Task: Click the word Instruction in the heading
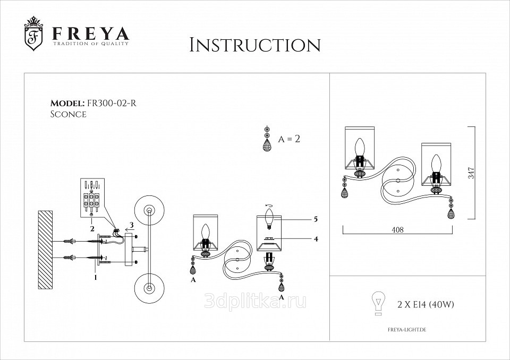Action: (x=255, y=45)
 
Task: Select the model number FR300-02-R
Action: (x=111, y=103)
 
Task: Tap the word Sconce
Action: (x=69, y=114)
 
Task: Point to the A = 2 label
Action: (x=289, y=139)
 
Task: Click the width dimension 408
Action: (x=397, y=229)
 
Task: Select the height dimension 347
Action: (x=471, y=173)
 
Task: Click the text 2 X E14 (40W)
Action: (x=426, y=304)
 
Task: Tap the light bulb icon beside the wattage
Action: (x=378, y=303)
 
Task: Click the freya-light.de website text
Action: (x=407, y=330)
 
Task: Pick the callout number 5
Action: (x=316, y=219)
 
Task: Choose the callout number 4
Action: (x=316, y=239)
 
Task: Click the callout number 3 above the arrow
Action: (x=131, y=225)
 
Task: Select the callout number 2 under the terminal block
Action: (x=92, y=229)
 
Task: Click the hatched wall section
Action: (x=45, y=250)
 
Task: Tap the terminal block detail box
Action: (x=92, y=198)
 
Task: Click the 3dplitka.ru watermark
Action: (x=255, y=302)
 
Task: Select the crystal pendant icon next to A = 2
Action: (x=267, y=139)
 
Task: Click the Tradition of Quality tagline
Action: (x=91, y=43)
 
